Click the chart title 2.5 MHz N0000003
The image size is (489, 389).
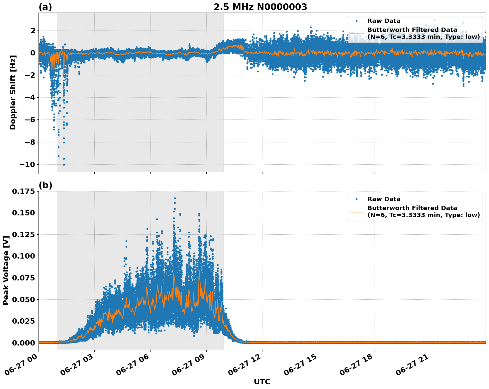coord(260,7)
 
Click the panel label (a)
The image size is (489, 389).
coord(45,7)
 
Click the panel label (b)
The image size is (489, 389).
coord(45,185)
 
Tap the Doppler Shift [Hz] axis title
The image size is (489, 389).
coord(13,92)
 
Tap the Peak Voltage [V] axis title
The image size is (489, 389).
coord(6,270)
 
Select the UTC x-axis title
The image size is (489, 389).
coord(262,382)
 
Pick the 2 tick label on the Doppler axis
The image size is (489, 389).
coord(33,31)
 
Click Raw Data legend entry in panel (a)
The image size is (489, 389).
coord(384,21)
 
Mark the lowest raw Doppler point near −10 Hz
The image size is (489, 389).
coord(64,165)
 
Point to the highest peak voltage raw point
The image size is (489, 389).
coord(175,198)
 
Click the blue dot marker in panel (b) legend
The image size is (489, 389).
coord(356,199)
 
